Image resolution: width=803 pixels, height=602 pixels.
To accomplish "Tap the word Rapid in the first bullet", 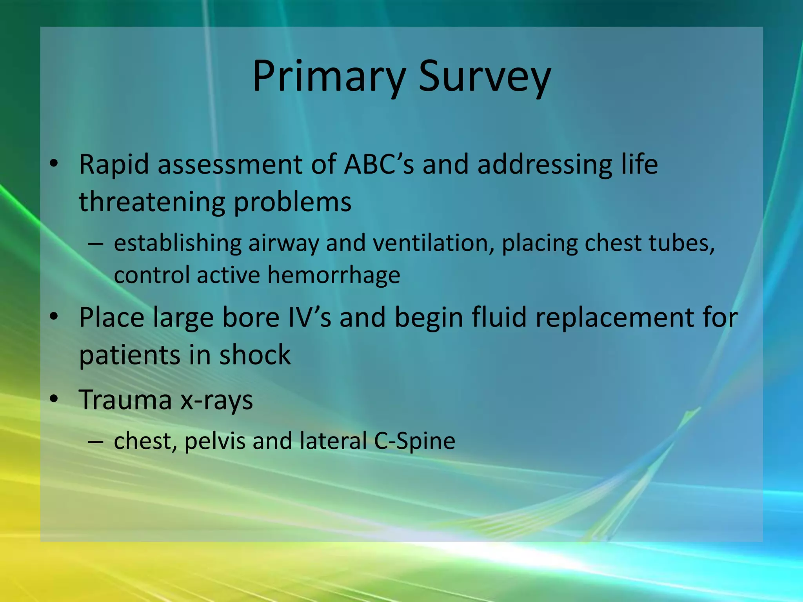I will tap(114, 164).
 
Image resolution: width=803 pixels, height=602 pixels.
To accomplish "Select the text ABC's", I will tap(379, 164).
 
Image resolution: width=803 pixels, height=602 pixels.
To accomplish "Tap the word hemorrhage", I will tap(334, 275).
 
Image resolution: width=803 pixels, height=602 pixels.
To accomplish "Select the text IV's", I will tap(310, 317).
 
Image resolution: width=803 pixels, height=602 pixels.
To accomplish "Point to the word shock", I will tap(255, 355).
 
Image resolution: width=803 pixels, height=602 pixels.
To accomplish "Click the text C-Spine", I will tap(414, 441).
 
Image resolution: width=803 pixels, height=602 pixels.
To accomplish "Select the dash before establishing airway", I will tap(96, 244).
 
